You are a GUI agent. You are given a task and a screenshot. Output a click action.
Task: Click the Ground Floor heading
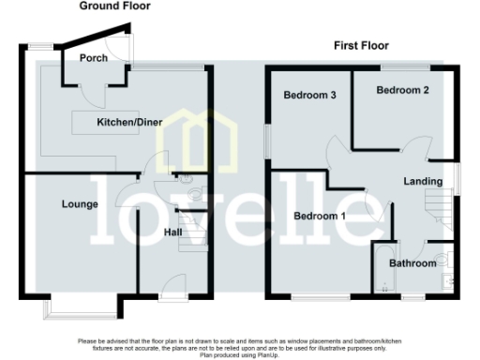114,7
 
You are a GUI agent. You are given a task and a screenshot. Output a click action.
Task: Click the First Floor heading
362,45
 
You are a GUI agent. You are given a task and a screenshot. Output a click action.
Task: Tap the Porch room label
93,58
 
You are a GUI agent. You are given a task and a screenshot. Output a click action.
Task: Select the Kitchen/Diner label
125,123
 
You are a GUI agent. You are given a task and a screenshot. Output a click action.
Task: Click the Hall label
173,232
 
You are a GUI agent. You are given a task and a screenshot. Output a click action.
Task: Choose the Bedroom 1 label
320,216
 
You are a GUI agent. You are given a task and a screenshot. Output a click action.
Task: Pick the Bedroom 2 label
403,90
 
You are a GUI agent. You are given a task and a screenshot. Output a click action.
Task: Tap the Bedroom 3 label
310,96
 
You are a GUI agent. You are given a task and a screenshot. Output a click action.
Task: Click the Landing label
423,181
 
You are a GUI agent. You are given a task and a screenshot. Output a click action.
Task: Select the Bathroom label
414,263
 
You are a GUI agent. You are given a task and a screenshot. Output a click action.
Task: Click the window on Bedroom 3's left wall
265,141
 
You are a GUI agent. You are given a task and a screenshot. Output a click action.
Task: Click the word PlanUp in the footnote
259,356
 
